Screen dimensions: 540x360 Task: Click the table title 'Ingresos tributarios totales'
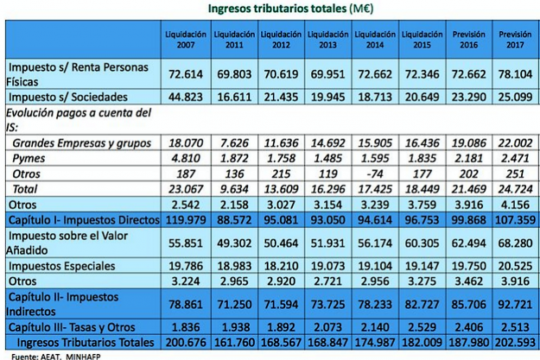click(277, 8)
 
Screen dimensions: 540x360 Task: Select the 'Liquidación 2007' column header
click(186, 40)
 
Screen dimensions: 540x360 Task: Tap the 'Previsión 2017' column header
click(515, 40)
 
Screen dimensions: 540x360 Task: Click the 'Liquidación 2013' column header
click(327, 40)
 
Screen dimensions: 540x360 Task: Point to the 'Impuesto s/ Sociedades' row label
click(68, 97)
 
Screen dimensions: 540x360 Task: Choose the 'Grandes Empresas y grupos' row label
click(81, 143)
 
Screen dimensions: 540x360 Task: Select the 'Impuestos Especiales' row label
click(61, 266)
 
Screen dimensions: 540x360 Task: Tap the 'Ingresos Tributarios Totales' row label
click(86, 343)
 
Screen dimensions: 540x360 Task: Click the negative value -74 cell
click(375, 174)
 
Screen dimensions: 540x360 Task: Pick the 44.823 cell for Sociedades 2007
click(186, 97)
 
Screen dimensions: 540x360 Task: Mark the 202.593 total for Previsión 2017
click(515, 343)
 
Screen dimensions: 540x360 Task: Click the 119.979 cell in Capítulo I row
click(186, 220)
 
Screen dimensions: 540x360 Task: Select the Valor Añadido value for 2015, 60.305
click(422, 243)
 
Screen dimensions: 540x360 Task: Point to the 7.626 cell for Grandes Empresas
click(234, 143)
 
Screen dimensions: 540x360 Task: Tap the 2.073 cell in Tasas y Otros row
click(327, 327)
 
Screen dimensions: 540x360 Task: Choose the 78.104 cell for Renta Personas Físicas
click(515, 74)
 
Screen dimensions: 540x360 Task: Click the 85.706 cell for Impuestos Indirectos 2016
click(468, 304)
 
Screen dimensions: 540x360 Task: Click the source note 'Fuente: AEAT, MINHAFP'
click(56, 357)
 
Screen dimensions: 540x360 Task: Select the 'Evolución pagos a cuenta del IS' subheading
click(79, 120)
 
